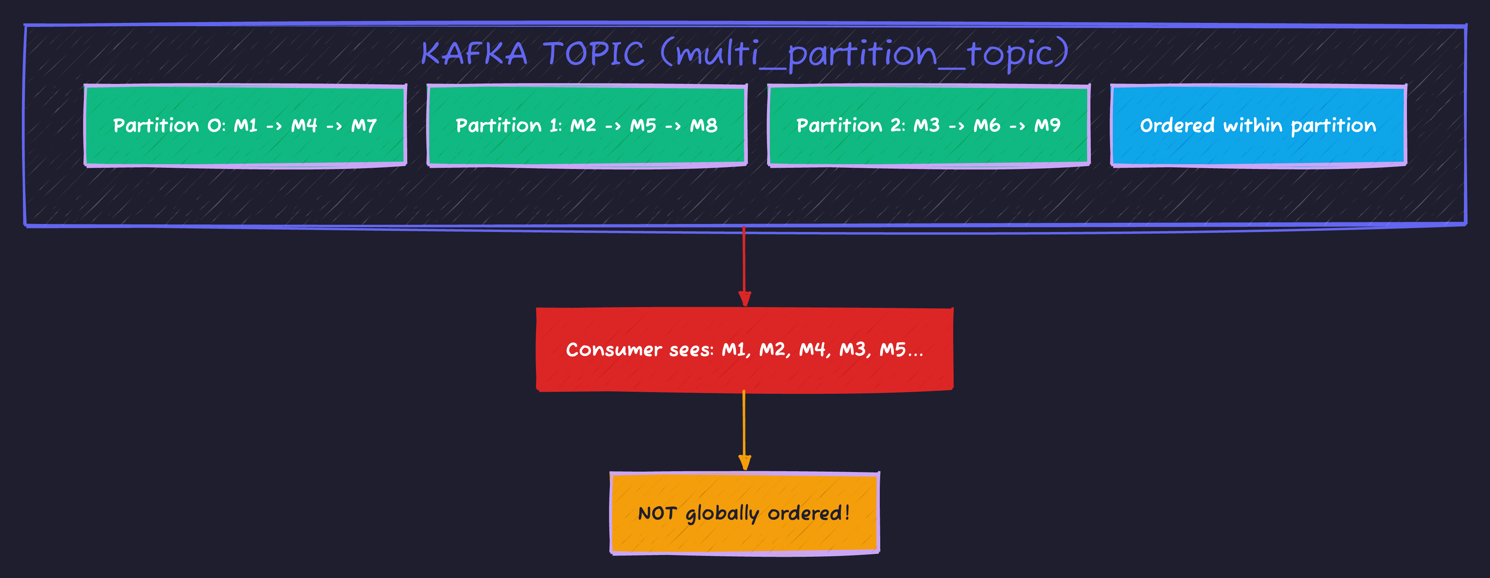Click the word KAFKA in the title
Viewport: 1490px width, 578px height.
pos(474,54)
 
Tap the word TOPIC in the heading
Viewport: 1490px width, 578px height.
pos(593,54)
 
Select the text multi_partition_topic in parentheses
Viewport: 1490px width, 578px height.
pos(865,54)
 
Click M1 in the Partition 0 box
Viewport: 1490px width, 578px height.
pos(245,126)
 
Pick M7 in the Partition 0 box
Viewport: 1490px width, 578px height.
pos(364,126)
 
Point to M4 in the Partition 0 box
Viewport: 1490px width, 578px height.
pos(304,126)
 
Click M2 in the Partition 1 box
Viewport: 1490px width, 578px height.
pos(583,126)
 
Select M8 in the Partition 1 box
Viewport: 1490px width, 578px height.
pos(703,126)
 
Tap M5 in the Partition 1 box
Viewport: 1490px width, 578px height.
pos(643,126)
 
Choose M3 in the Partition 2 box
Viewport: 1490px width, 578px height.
pos(926,126)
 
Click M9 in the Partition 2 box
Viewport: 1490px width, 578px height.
pos(1047,126)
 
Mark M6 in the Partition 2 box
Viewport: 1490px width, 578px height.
pos(987,126)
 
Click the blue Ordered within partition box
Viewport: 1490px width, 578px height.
pos(1258,126)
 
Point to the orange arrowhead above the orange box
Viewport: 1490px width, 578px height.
pos(745,463)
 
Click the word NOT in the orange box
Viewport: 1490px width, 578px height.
pos(657,513)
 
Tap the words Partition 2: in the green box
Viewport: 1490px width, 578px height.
pos(850,126)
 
